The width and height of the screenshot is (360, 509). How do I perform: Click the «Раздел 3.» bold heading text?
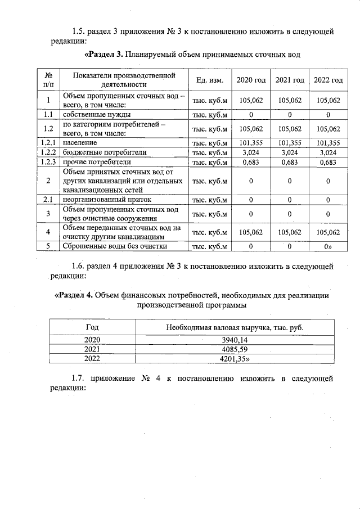tap(103, 55)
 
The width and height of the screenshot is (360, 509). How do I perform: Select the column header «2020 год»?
tap(251, 80)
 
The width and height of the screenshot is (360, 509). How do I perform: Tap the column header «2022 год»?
tap(328, 80)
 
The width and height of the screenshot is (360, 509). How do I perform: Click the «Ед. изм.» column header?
tap(209, 80)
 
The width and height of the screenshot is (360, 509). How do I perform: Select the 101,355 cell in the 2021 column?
tap(290, 143)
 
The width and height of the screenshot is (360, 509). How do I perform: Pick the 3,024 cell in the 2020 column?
tap(251, 152)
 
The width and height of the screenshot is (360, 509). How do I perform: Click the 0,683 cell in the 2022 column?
tap(328, 163)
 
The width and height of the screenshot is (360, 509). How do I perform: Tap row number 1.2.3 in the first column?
tap(49, 163)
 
